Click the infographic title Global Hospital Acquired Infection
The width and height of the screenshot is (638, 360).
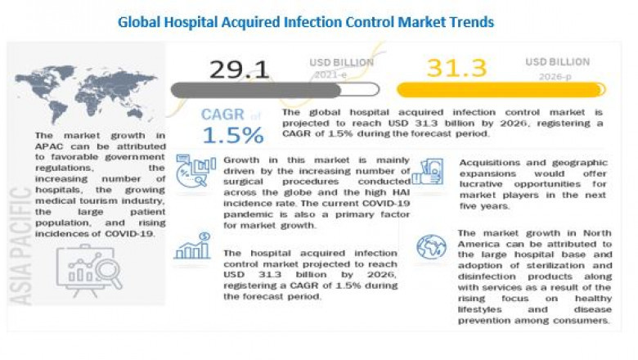[306, 22]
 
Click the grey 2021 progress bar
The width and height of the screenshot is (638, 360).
[275, 89]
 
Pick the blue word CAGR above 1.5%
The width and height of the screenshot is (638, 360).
[223, 114]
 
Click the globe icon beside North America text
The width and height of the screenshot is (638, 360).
[431, 246]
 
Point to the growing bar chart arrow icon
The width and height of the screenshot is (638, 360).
[191, 246]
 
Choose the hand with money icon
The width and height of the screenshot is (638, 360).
[428, 172]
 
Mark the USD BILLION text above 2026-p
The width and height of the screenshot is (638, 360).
[558, 61]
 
